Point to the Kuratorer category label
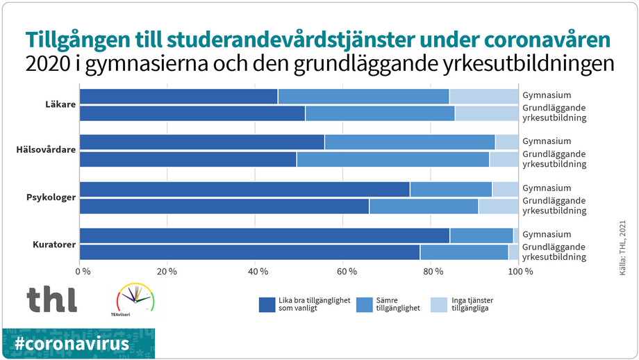(x=54, y=244)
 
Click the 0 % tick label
(x=83, y=271)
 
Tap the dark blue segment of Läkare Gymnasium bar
(x=179, y=97)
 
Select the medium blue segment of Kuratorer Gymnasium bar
(x=481, y=236)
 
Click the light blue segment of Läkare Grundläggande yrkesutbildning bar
(x=486, y=113)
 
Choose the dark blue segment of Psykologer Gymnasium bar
(x=244, y=189)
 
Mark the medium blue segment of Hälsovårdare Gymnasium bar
(x=410, y=142)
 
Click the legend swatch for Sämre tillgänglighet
(x=364, y=304)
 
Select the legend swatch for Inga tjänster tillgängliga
(x=439, y=304)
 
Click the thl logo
(x=52, y=299)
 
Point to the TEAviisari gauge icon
(x=135, y=297)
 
